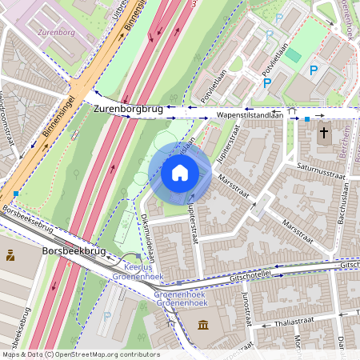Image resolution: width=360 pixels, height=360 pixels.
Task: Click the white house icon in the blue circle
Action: pyautogui.click(x=180, y=173)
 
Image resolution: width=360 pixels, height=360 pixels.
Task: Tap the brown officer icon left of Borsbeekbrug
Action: pyautogui.click(x=11, y=256)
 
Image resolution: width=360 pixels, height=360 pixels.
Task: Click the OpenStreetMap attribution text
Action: pyautogui.click(x=80, y=354)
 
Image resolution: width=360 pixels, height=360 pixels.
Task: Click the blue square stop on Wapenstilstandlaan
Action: pyautogui.click(x=306, y=119)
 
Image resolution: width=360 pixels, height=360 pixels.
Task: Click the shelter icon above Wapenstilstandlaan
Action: pyautogui.click(x=292, y=111)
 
